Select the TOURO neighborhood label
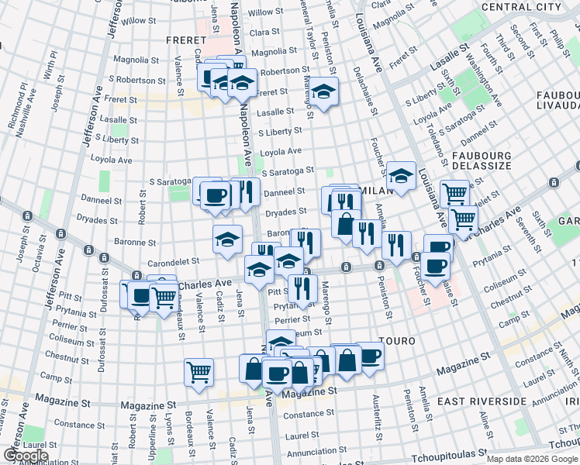point(398,341)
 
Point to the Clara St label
point(264,33)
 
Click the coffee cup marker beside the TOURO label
point(370,356)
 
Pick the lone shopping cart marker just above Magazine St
point(199,372)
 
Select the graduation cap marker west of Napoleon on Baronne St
point(227,238)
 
